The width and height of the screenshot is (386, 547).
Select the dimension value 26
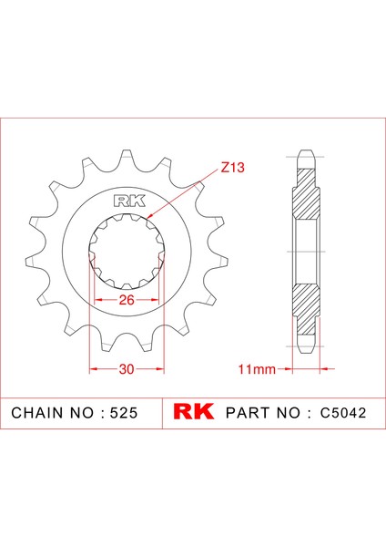point(126,299)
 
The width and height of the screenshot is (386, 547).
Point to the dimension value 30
point(126,369)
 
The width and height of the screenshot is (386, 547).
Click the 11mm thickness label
point(255,369)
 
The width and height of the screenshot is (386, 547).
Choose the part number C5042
point(344,412)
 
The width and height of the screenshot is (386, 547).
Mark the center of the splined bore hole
point(126,252)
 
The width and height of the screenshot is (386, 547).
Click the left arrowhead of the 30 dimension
point(92,369)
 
